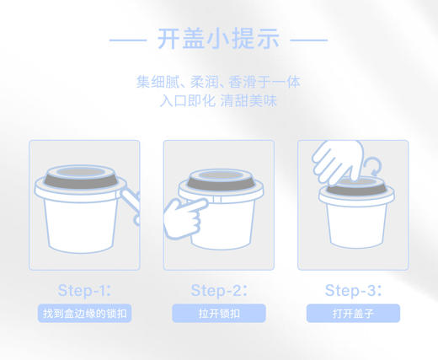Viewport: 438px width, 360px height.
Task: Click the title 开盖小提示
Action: [219, 39]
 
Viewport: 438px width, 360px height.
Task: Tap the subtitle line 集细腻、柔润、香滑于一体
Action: [219, 83]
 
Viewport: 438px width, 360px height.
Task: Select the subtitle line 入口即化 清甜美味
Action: [219, 100]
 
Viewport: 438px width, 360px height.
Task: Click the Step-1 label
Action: [84, 291]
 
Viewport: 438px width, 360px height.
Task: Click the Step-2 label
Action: [219, 291]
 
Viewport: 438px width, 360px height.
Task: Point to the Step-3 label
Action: [353, 291]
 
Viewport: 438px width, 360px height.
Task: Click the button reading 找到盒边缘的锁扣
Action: [84, 314]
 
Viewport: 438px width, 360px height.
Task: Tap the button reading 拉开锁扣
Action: [219, 314]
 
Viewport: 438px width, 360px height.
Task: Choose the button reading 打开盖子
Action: [353, 314]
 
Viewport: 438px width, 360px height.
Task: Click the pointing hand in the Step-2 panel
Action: [188, 211]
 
